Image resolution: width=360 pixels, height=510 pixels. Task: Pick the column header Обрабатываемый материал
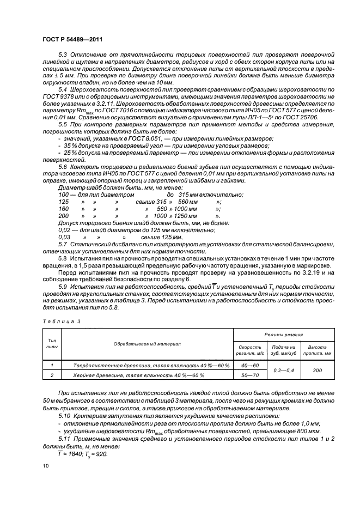point(147,344)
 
